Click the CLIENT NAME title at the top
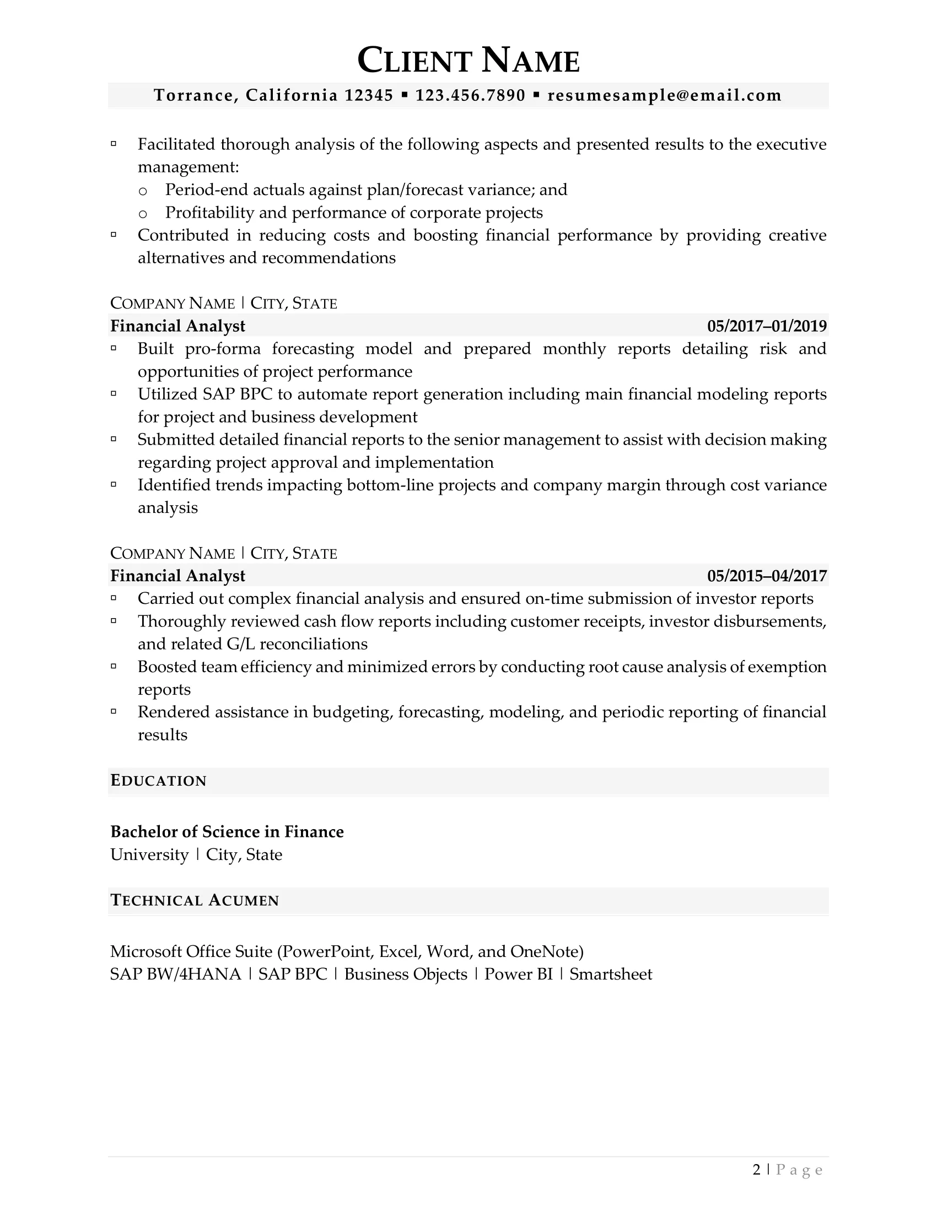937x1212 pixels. [x=468, y=61]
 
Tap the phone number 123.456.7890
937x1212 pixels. [x=470, y=95]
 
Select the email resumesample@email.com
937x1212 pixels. [x=665, y=95]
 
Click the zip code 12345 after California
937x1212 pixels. [x=369, y=95]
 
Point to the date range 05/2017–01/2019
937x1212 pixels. [x=767, y=326]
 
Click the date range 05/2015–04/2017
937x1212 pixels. [x=767, y=576]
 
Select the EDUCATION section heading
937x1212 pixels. [x=158, y=781]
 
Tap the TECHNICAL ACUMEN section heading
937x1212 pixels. [x=194, y=900]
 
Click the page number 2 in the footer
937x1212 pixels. [x=757, y=1170]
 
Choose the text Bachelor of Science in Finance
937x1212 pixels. [x=227, y=831]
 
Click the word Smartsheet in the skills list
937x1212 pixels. [x=611, y=974]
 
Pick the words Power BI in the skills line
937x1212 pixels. [x=519, y=974]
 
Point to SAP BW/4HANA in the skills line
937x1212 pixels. [x=175, y=974]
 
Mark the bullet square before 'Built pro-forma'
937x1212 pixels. [x=114, y=349]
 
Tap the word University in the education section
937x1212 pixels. [x=149, y=854]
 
